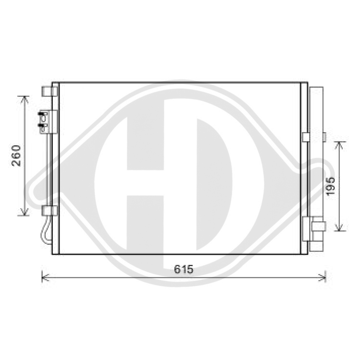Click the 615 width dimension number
coord(184,269)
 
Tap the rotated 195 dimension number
coord(331,185)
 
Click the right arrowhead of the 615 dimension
coord(324,277)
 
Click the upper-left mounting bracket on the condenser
coord(49,91)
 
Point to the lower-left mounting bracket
coord(49,211)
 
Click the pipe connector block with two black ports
coord(46,122)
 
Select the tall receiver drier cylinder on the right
coord(316,169)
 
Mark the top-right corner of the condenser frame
coord(307,83)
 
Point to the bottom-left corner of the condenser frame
coord(53,253)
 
